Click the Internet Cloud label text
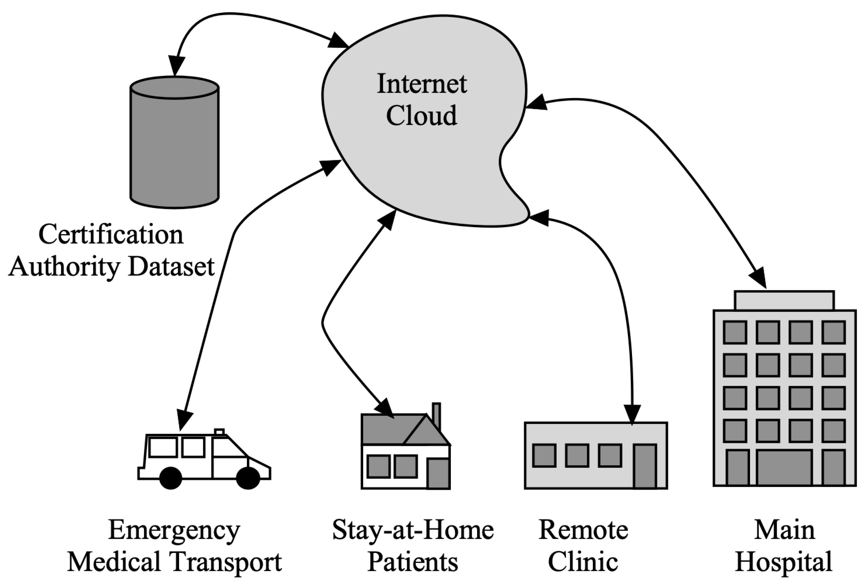[x=422, y=99]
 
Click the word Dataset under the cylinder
[x=171, y=267]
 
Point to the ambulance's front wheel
[x=248, y=478]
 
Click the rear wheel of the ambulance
[x=170, y=478]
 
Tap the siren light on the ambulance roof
[x=220, y=432]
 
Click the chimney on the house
[x=436, y=416]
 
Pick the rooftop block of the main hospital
[x=784, y=301]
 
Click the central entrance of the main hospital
[x=784, y=467]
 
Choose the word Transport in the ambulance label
[x=227, y=562]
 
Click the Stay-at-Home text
[x=413, y=530]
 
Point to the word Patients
[x=413, y=562]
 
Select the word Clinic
[x=583, y=562]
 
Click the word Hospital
[x=784, y=562]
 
